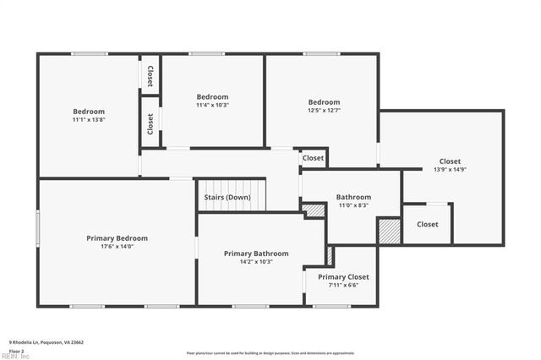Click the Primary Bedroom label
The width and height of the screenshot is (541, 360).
(117, 238)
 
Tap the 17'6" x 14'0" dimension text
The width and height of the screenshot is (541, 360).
(117, 247)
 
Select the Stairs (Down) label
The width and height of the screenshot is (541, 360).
(227, 198)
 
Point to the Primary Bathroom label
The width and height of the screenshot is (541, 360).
(256, 254)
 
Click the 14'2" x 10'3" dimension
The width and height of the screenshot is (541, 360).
(256, 262)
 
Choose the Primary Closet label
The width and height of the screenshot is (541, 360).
(343, 277)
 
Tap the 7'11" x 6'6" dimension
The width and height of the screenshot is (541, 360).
(343, 285)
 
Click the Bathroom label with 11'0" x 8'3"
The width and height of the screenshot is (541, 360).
(353, 198)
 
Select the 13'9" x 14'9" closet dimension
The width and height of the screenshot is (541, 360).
(450, 169)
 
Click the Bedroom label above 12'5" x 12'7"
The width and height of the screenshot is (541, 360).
(324, 102)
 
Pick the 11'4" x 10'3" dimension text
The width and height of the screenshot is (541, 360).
(212, 105)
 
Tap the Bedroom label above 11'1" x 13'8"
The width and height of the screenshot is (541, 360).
(89, 112)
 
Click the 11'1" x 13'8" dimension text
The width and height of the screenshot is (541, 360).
(89, 120)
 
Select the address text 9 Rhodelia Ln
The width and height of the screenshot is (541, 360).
(46, 342)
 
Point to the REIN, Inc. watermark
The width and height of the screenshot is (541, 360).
(14, 356)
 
